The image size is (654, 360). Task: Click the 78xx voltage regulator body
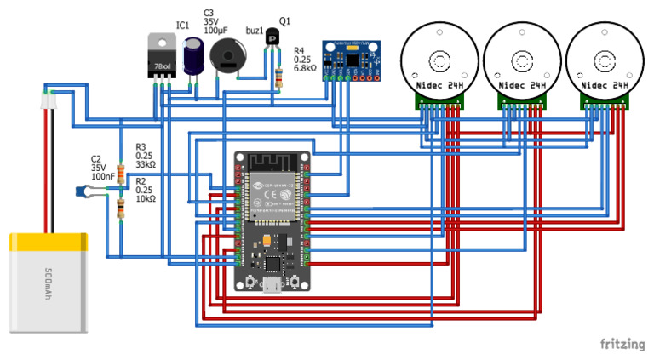162,58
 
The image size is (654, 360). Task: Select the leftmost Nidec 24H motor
439,62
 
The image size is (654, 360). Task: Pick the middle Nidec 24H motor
521,62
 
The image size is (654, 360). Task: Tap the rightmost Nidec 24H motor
604,62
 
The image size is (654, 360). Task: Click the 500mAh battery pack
49,282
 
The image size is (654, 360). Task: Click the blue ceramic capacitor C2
84,191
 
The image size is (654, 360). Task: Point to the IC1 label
182,26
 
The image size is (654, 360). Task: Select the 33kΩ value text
146,165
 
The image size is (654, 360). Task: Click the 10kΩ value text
145,199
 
